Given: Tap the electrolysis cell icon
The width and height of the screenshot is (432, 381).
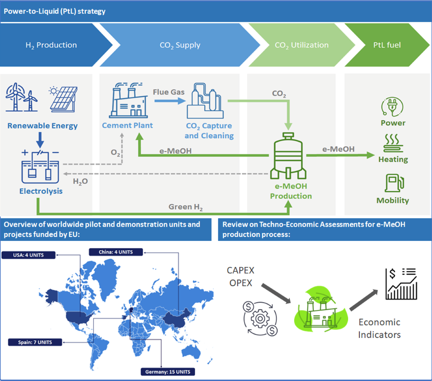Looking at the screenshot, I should click(41, 168).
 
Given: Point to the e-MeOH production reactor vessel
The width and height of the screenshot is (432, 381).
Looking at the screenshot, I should click(288, 156).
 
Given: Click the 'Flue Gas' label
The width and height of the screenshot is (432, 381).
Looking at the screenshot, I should click(168, 92).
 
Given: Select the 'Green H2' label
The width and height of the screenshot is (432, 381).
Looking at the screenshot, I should click(185, 207).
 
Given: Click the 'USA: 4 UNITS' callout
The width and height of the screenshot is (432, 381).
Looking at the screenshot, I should click(28, 255).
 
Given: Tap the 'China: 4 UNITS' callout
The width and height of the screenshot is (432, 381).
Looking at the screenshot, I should click(116, 252).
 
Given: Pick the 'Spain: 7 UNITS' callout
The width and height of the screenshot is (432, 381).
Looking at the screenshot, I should click(35, 342).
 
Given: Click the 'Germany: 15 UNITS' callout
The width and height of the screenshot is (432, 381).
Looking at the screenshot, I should click(168, 372).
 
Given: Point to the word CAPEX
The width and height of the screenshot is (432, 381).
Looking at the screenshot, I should click(240, 270).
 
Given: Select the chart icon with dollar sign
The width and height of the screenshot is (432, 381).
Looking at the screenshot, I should click(401, 283).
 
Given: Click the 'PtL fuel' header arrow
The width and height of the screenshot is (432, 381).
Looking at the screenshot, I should click(387, 45).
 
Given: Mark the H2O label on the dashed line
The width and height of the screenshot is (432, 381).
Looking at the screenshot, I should click(80, 181).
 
